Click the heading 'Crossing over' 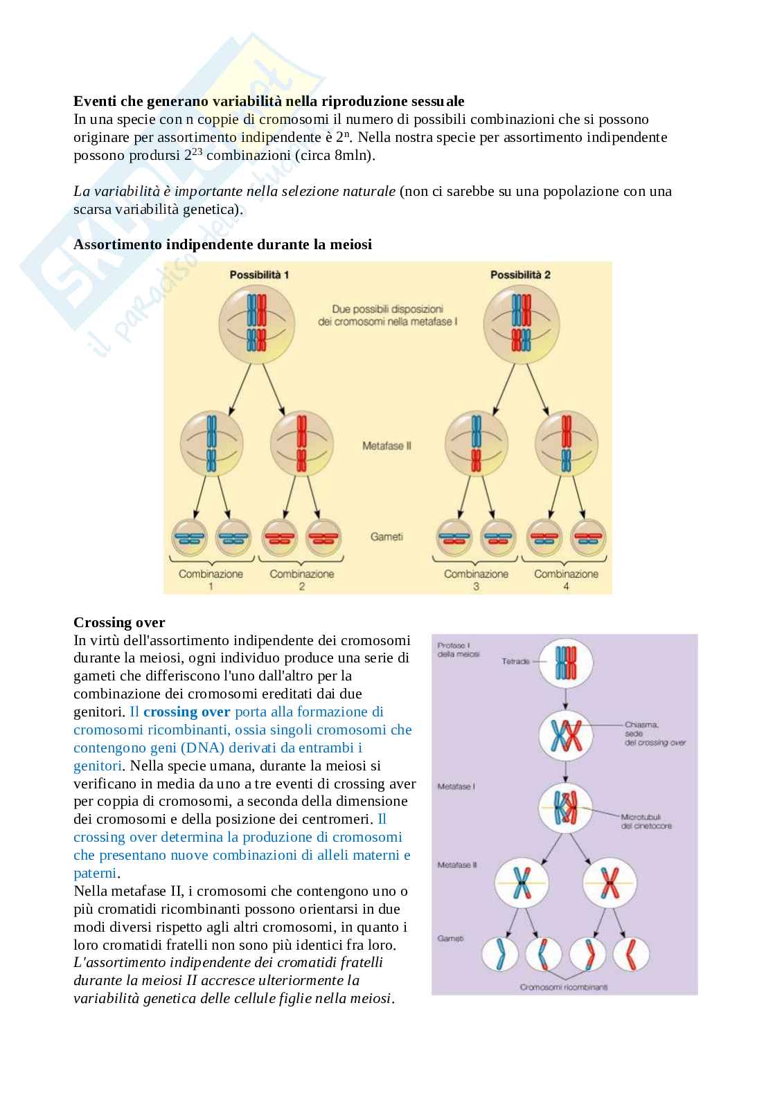click(x=119, y=622)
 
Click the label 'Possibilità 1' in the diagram click(x=259, y=275)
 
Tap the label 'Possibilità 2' click(x=520, y=275)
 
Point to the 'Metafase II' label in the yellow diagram click(x=386, y=446)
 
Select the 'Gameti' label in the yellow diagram click(x=386, y=536)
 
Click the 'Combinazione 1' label click(x=211, y=579)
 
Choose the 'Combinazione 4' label click(x=566, y=579)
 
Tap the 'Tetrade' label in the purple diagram click(x=515, y=662)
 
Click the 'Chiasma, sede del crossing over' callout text click(x=655, y=734)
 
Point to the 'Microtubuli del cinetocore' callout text click(x=646, y=821)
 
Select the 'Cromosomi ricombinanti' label click(x=563, y=987)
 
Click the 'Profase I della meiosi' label click(x=458, y=649)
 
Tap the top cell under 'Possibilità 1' click(x=257, y=319)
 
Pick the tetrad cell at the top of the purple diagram click(x=567, y=662)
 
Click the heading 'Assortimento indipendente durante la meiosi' click(x=222, y=244)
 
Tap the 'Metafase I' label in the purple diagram click(x=456, y=786)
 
